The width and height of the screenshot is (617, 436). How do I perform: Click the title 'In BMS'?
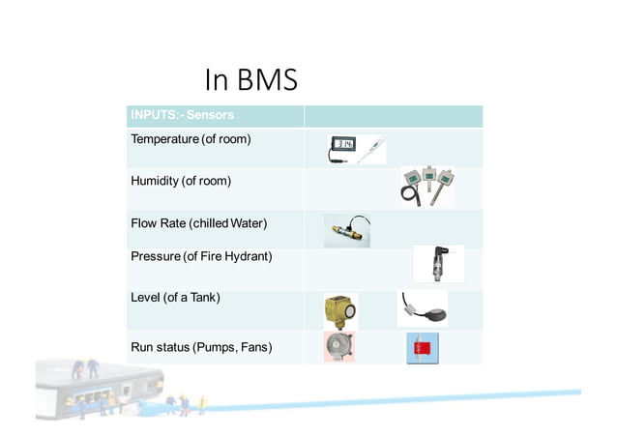pyautogui.click(x=250, y=80)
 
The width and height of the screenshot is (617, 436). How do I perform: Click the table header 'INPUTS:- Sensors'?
pyautogui.click(x=182, y=116)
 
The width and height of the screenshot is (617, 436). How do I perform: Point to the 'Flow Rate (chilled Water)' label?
pyautogui.click(x=198, y=223)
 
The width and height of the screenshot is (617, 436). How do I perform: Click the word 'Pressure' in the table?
pyautogui.click(x=156, y=256)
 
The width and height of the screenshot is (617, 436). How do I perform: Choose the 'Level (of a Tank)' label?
pyautogui.click(x=175, y=297)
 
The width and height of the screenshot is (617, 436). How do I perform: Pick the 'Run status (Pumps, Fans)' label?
pyautogui.click(x=200, y=346)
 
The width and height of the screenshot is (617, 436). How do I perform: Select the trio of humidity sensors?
pyautogui.click(x=426, y=185)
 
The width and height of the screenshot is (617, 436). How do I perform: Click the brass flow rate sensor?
pyautogui.click(x=346, y=231)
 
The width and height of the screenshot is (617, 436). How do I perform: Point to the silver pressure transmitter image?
pyautogui.click(x=438, y=264)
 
